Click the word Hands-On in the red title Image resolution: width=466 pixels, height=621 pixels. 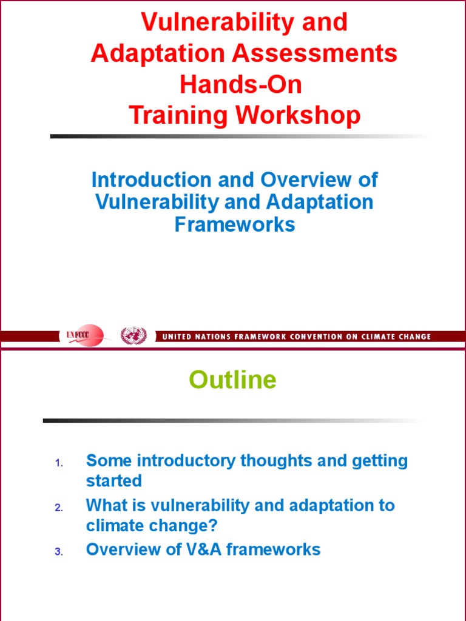[240, 84]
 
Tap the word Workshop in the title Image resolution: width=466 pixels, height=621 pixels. [298, 115]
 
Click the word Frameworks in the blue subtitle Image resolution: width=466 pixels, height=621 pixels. [235, 224]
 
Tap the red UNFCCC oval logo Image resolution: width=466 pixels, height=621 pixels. [84, 335]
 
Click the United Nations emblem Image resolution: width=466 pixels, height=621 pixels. [133, 336]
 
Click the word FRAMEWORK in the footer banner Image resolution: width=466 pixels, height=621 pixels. [260, 337]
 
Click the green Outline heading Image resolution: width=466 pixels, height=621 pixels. [232, 380]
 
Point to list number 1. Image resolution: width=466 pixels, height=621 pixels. [59, 463]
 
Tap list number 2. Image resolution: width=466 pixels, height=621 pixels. [59, 508]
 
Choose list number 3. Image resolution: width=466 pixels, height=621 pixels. [59, 552]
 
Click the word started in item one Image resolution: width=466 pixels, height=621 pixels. [114, 481]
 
